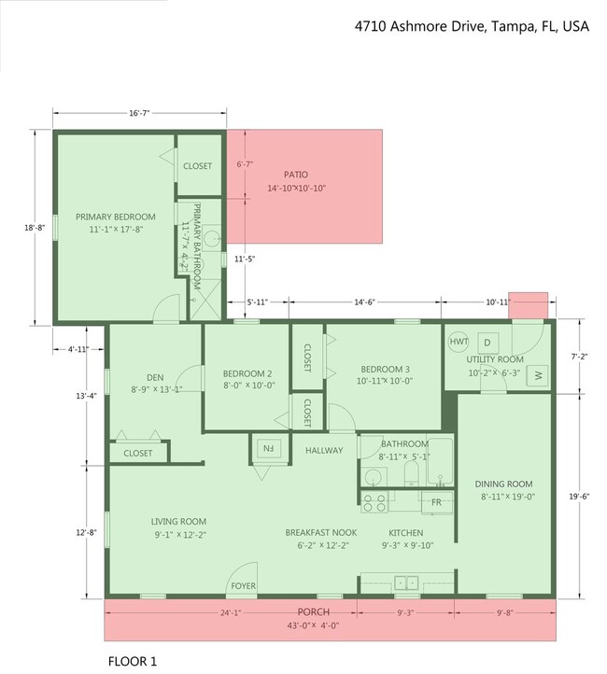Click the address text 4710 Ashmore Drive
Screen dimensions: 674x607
472,26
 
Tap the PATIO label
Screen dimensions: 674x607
296,175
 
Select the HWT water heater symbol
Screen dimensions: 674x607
459,342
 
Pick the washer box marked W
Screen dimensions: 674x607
539,375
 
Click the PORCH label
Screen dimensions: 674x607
313,613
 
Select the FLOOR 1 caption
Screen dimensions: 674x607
133,662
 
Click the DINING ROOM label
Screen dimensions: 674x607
503,484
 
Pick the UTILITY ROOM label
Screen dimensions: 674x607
495,359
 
